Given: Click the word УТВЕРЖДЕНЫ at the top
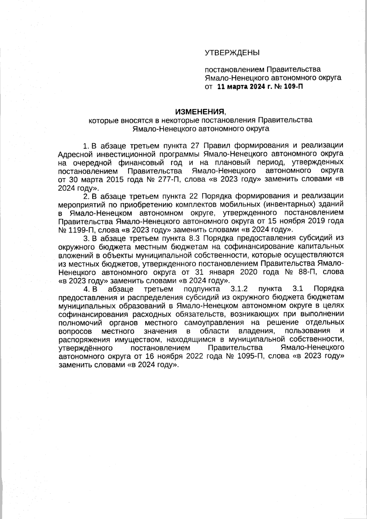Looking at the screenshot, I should point(232,53).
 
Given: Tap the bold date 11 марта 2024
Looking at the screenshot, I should point(241,87).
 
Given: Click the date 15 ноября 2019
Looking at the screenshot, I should point(299,221).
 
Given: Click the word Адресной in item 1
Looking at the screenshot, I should point(73,153).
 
